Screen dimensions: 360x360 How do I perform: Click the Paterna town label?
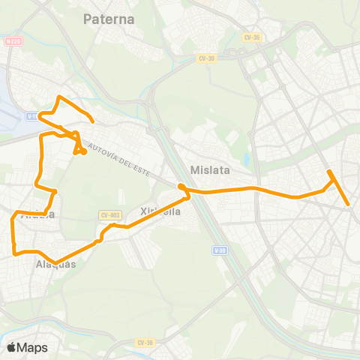pos(109,19)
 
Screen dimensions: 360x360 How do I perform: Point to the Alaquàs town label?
pos(55,264)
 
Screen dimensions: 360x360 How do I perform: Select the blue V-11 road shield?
pos(31,115)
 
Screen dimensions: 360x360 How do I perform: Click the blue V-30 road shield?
pos(220,250)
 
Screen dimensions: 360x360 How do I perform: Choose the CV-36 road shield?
pos(145,342)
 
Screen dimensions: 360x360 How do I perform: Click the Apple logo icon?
pos(12,347)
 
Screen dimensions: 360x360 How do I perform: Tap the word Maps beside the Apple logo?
pos(32,347)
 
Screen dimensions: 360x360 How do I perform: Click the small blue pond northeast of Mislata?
pos(245,160)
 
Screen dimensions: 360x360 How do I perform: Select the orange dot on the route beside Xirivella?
pos(181,187)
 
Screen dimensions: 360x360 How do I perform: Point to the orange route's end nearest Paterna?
pos(92,121)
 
